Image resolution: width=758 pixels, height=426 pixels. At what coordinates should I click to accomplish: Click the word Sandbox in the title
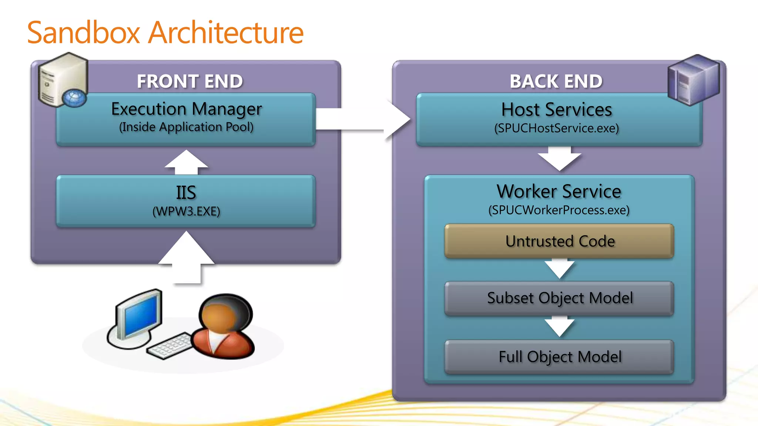point(84,33)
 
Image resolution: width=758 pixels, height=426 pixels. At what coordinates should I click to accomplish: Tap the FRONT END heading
point(189,81)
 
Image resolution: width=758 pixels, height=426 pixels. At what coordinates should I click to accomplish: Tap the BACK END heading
point(556,81)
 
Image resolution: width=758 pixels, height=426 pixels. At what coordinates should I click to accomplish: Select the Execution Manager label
point(187,109)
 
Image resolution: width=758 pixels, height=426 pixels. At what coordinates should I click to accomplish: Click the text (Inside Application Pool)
point(186,127)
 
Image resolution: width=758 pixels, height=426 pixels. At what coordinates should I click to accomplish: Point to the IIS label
point(186,193)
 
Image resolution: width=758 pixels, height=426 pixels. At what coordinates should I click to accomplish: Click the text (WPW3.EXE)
point(186,212)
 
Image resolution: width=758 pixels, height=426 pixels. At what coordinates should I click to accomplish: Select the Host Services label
point(556,110)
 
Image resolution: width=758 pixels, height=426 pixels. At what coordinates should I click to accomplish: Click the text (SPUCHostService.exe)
point(556,128)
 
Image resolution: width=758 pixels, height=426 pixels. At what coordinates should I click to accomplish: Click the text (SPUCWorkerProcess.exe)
point(559,210)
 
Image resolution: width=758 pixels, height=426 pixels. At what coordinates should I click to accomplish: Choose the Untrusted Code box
point(559,241)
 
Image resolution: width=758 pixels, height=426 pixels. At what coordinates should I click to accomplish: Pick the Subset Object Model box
point(559,298)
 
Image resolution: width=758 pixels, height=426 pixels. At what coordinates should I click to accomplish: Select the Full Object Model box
point(559,357)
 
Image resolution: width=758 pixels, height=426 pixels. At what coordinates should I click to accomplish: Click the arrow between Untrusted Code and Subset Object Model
point(559,269)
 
